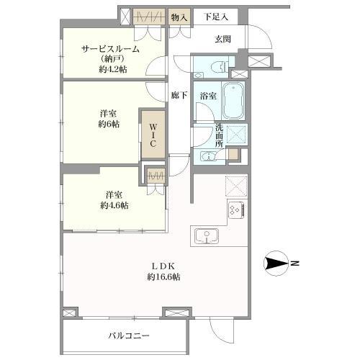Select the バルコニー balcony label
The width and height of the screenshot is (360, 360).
tap(129, 336)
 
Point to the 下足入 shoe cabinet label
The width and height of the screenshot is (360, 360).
tap(215, 17)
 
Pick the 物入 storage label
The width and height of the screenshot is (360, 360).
tap(179, 17)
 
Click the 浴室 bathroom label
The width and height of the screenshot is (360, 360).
tap(208, 95)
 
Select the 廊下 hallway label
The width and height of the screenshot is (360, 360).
tap(180, 94)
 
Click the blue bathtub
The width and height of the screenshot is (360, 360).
tap(233, 101)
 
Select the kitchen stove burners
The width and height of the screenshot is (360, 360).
tap(235, 210)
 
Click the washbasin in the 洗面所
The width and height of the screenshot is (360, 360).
tap(208, 157)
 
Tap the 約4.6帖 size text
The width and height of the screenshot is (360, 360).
tap(114, 206)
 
